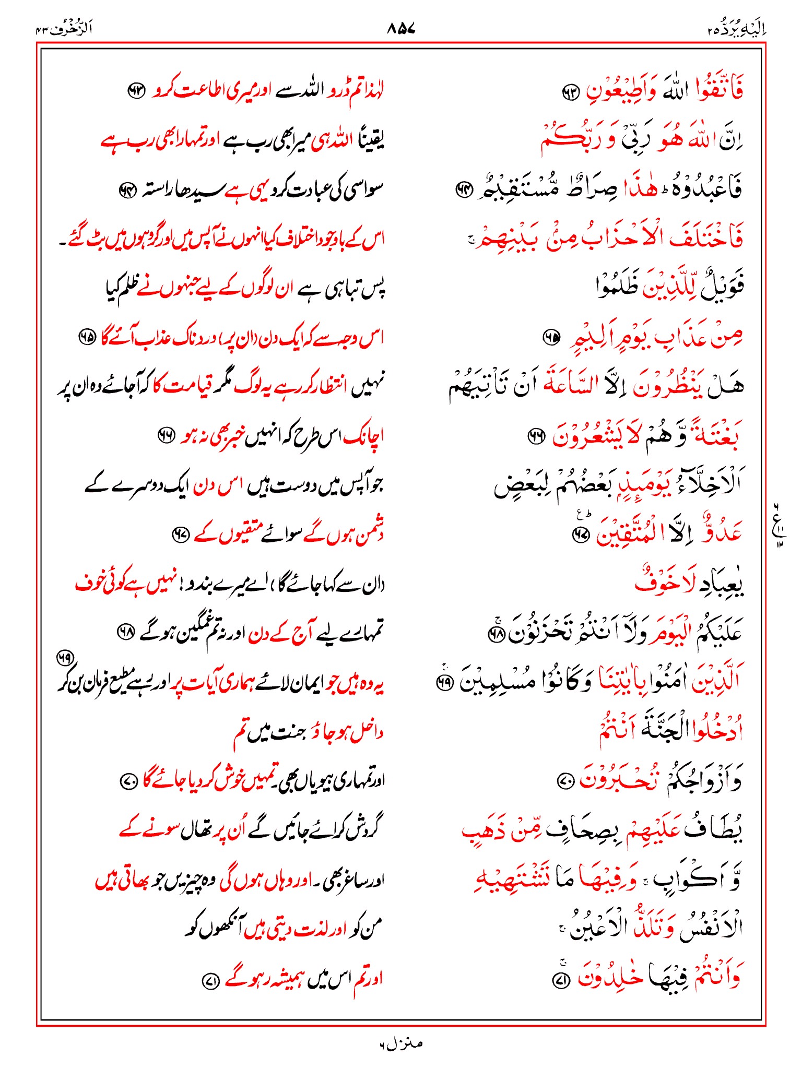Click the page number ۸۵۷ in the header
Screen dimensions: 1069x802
click(x=400, y=29)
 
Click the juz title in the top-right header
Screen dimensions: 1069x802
click(x=736, y=29)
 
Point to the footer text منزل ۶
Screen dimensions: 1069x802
click(x=400, y=1043)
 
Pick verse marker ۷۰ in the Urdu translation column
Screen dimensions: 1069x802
click(x=128, y=781)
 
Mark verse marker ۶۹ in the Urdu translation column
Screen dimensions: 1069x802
click(x=65, y=659)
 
